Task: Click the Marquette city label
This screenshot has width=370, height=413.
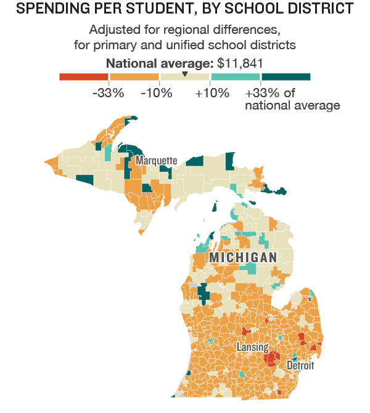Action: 156,161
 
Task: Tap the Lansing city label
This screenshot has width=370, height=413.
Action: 252,347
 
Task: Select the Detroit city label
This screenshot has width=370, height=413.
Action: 300,366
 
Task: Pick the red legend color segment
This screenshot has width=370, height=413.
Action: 83,77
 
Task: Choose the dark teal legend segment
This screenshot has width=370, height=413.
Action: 286,77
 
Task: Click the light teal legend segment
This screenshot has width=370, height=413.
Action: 235,77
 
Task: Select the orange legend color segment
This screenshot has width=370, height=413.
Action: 134,77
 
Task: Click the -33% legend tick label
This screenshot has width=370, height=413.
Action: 109,94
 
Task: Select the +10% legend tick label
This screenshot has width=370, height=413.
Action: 212,94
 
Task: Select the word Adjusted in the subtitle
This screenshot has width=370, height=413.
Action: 112,30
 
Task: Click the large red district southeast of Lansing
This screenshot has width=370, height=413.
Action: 270,358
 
